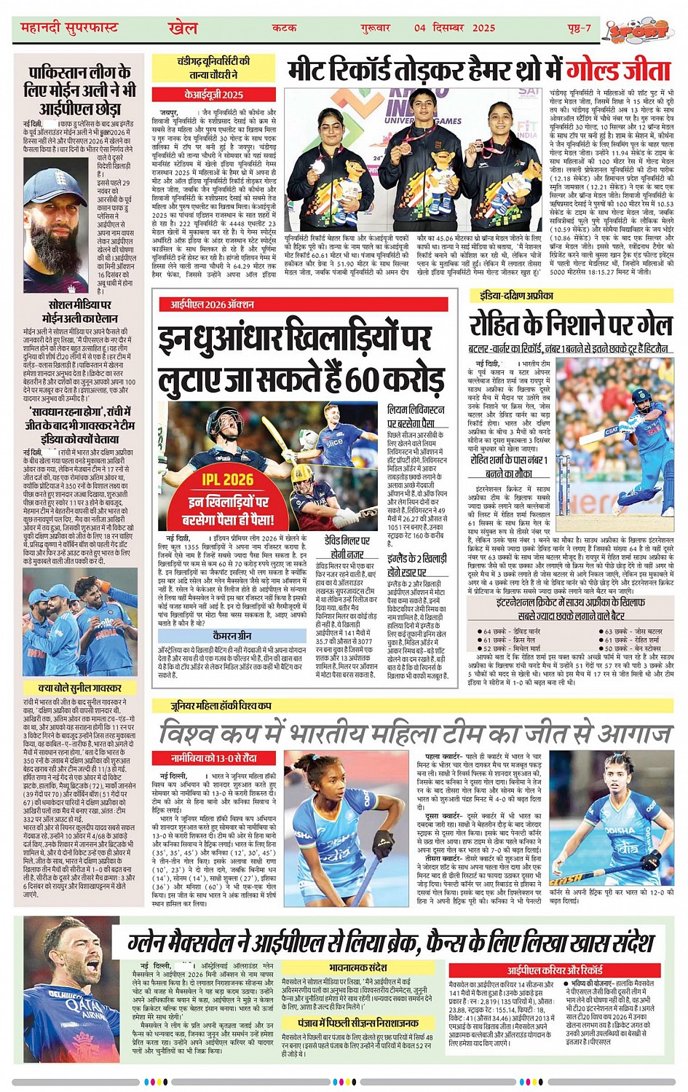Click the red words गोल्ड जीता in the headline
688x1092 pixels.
[618, 72]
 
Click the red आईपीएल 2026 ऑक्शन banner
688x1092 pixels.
[212, 305]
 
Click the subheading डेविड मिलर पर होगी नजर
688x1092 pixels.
[347, 547]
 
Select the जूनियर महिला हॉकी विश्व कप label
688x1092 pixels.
[222, 705]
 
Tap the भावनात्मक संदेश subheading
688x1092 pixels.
[357, 968]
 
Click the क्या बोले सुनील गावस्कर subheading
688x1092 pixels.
[79, 688]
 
